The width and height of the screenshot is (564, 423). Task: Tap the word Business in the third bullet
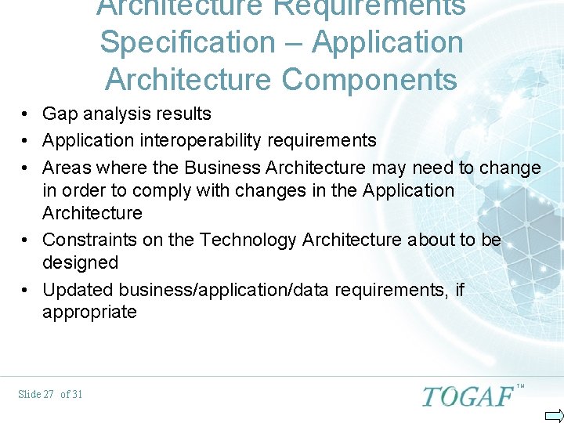click(224, 168)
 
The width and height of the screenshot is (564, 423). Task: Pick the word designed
click(80, 262)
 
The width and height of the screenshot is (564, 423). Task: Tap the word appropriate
click(89, 313)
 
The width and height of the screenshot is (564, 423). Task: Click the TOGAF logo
click(468, 396)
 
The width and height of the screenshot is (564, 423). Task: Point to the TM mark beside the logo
click(520, 386)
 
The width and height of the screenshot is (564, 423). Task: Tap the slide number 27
click(48, 394)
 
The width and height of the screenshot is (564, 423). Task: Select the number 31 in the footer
click(76, 394)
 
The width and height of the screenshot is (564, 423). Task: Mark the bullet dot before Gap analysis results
click(26, 114)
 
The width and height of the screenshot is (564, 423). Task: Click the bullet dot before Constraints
click(26, 240)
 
